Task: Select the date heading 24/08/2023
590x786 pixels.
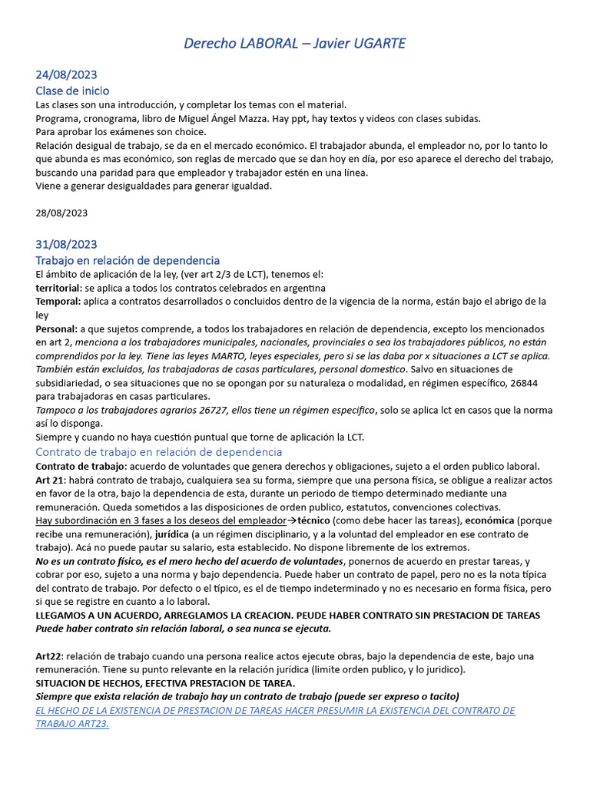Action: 66,74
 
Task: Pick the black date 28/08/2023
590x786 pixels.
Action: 61,213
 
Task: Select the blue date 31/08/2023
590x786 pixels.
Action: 66,244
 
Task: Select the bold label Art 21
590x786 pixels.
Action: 49,480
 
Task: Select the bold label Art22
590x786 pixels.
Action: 48,657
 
